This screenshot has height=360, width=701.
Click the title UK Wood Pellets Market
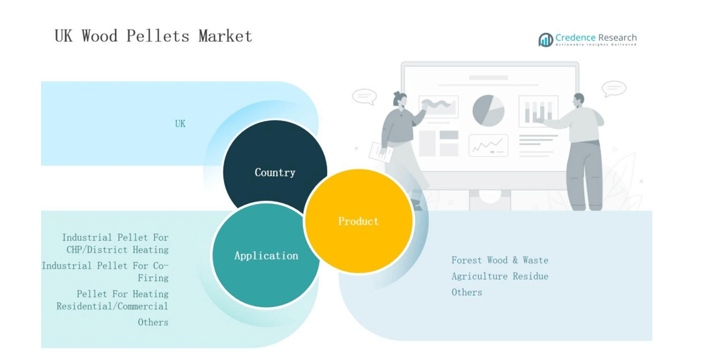click(x=153, y=36)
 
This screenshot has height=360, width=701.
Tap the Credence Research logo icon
click(x=546, y=40)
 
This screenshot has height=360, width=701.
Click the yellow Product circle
click(x=359, y=221)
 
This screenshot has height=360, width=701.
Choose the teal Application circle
click(x=266, y=255)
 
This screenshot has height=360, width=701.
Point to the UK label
click(x=180, y=124)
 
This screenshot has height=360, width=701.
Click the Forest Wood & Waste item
click(x=500, y=260)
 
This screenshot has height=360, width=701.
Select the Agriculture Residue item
click(x=500, y=277)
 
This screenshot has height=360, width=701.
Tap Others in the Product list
click(x=467, y=292)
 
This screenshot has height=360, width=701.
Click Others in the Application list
click(x=153, y=322)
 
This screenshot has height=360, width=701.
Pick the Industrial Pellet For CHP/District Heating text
click(x=116, y=243)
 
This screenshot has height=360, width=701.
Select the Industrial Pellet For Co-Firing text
click(x=105, y=272)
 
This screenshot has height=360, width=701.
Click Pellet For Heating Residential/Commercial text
click(x=112, y=300)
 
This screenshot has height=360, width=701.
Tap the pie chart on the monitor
click(x=488, y=111)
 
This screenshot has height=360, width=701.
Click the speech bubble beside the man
click(x=614, y=88)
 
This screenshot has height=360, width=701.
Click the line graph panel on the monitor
click(x=488, y=145)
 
